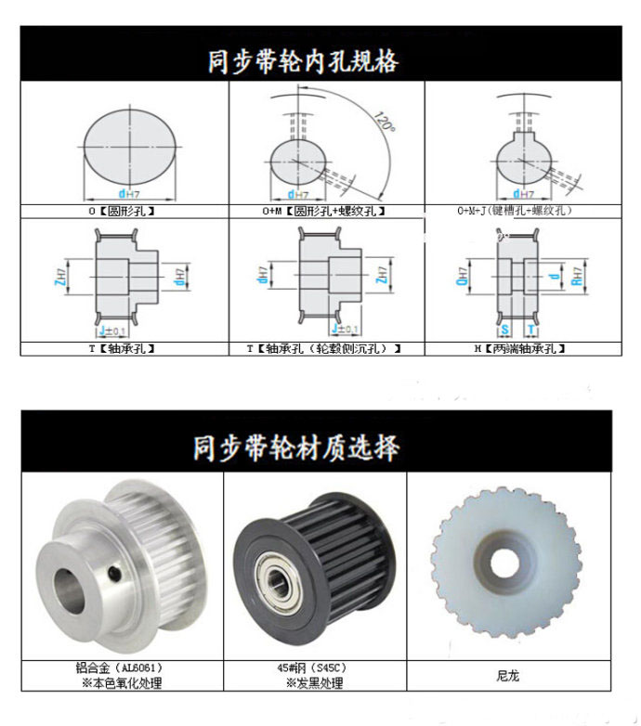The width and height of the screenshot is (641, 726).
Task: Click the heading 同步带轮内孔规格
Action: click(302, 61)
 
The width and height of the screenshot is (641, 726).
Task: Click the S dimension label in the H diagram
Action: click(504, 330)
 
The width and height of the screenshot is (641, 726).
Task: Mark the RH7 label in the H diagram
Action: click(576, 276)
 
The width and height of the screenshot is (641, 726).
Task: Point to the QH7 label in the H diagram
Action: click(462, 276)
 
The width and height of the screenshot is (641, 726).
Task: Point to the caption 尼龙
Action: click(508, 675)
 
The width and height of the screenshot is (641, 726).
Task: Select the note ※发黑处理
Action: click(314, 683)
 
